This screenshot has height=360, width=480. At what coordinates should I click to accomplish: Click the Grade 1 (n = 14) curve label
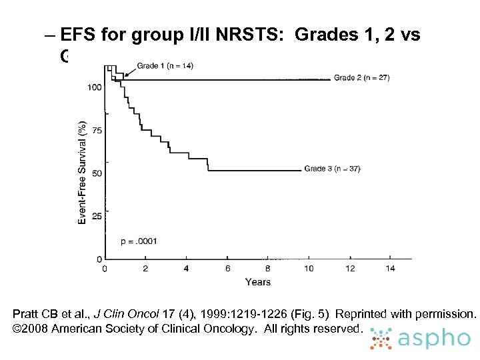[165, 65]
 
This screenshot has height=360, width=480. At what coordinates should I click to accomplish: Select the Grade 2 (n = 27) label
[361, 78]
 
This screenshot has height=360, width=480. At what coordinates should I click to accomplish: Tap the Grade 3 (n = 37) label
[332, 169]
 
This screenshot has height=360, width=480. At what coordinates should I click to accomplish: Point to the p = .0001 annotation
[139, 241]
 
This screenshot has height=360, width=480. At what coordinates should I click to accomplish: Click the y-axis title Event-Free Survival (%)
[82, 172]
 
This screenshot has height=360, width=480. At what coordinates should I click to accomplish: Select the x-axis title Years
[257, 282]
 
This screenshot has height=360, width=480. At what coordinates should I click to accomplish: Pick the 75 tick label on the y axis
[97, 131]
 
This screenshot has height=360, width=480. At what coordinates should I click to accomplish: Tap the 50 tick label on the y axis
[97, 173]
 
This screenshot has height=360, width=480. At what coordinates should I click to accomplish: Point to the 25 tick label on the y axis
[97, 217]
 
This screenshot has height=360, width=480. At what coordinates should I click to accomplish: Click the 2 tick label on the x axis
[145, 269]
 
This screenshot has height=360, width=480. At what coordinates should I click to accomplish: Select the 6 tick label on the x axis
[227, 269]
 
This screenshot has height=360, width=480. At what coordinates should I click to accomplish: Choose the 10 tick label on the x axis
[309, 269]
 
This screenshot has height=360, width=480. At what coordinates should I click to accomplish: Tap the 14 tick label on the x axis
[391, 269]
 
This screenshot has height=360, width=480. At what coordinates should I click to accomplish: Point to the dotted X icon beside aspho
[382, 339]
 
